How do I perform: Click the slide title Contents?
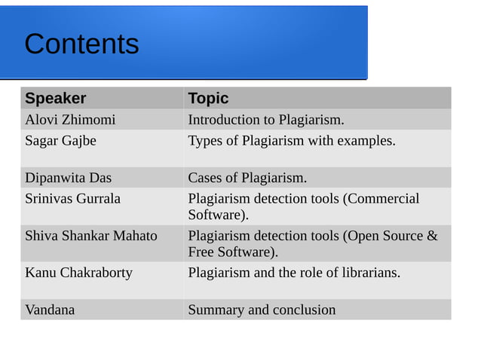click(x=81, y=44)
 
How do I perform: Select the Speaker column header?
click(x=55, y=98)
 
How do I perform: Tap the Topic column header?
click(x=208, y=98)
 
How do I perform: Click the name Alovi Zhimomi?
click(x=70, y=120)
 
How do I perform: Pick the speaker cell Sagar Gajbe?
click(x=60, y=140)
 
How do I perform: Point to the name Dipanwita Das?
click(x=68, y=178)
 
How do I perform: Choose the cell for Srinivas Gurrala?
click(x=72, y=199)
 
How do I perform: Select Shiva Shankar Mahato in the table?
click(x=91, y=236)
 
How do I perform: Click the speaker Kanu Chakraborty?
click(x=78, y=273)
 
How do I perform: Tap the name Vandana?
click(x=50, y=310)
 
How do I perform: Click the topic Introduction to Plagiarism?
click(x=265, y=120)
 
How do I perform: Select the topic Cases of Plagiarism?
click(x=247, y=178)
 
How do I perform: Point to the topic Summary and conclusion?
click(x=262, y=310)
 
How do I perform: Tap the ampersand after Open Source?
click(x=432, y=236)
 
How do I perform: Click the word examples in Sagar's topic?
click(x=367, y=140)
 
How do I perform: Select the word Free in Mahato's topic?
click(x=201, y=252)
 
